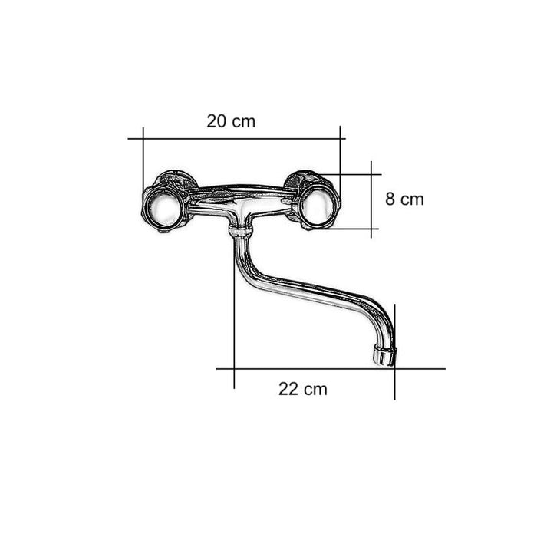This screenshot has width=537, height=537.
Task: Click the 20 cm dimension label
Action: tap(231, 121)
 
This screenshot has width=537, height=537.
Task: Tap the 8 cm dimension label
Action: tap(404, 199)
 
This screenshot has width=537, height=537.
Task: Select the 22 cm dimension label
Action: tap(303, 389)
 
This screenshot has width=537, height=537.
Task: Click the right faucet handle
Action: tap(318, 206)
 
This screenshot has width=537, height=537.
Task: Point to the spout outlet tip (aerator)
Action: tap(384, 355)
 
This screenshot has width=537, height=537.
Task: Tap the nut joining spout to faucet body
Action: tap(239, 230)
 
